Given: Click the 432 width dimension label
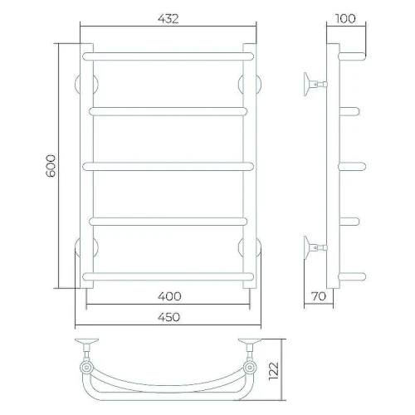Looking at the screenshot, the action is point(168,19).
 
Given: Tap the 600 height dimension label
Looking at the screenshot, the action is point(51,166).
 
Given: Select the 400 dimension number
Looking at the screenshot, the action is point(169,296).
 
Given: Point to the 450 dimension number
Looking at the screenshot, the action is point(168,317).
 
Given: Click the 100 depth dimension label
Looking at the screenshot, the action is point(345,19).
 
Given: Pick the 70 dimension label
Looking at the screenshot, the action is point(319,296).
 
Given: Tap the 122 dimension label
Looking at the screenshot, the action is point(274,371).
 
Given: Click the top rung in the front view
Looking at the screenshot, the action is point(168,56).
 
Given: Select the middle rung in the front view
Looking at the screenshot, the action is point(168,167).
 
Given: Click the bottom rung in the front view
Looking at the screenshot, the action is point(168,276).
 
